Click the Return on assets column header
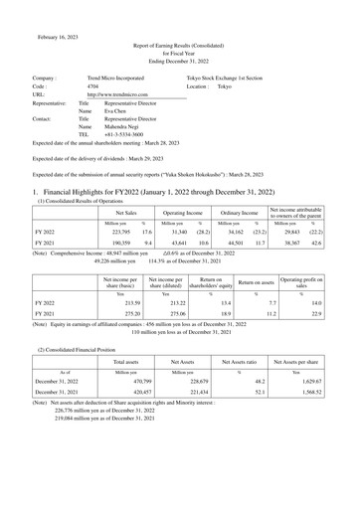[x=262, y=285]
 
